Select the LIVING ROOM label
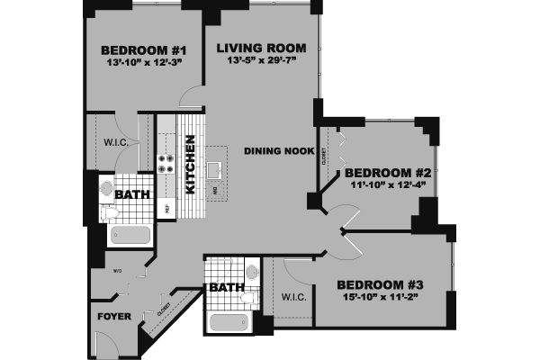(261, 48)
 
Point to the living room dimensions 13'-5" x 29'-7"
(261, 60)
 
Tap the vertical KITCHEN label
(191, 165)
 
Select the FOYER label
(113, 317)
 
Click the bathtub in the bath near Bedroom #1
(130, 236)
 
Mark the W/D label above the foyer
(117, 269)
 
